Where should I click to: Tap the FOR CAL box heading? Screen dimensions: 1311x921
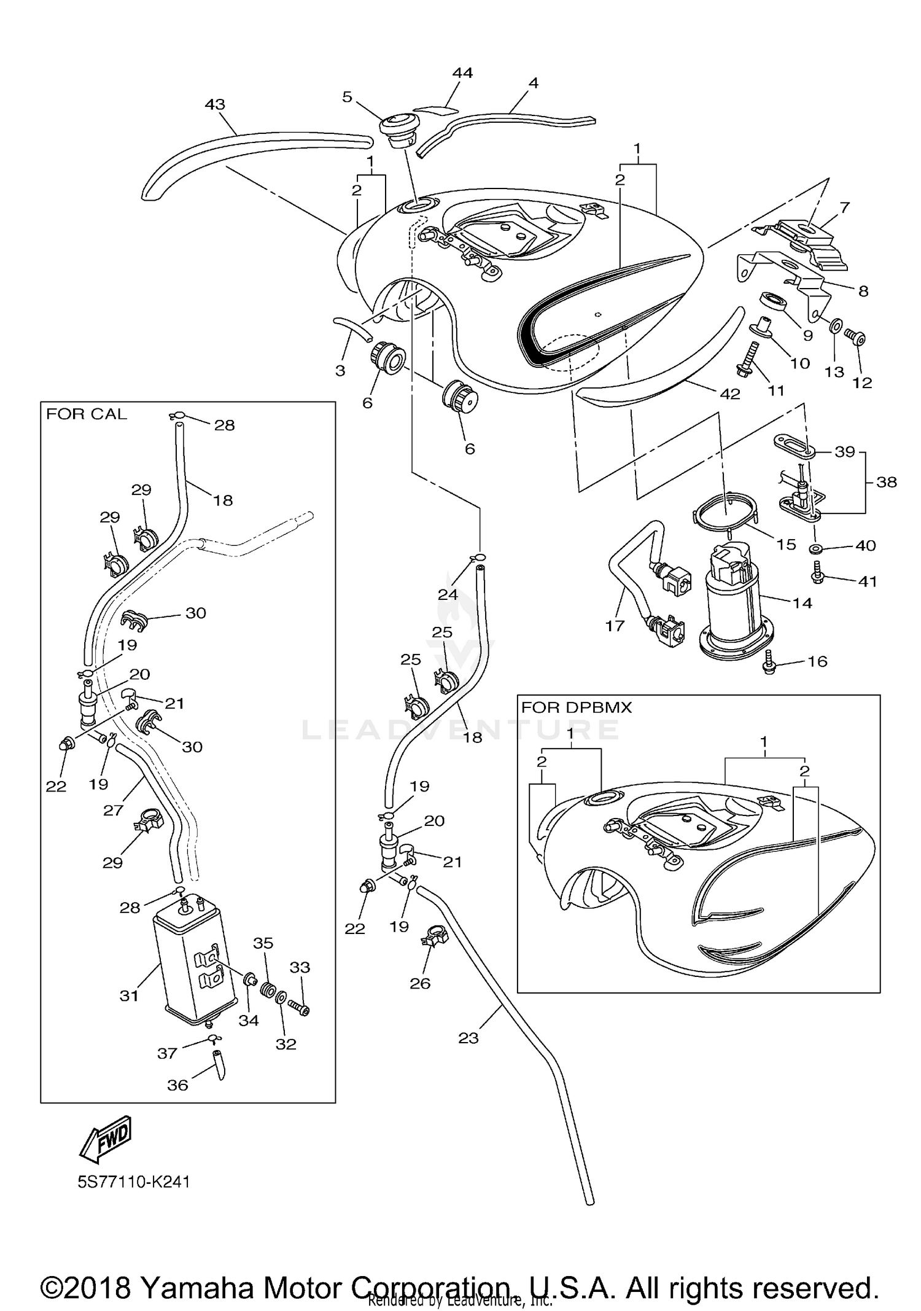87,414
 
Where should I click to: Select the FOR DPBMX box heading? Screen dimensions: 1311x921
576,707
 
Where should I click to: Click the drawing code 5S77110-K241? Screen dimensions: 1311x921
134,1182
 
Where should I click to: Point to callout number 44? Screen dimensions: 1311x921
462,73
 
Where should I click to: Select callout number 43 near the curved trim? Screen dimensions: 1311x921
215,105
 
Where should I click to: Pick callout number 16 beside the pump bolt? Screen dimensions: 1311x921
817,661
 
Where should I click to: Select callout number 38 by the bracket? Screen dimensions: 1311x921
887,482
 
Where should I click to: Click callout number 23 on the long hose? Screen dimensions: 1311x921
468,1038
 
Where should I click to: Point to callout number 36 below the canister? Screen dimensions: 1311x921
177,1085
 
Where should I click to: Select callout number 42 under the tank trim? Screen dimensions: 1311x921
729,394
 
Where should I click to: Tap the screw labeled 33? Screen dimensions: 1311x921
299,1008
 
